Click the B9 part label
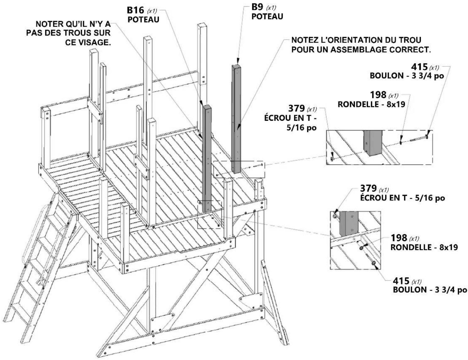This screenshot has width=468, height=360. pyautogui.click(x=257, y=7)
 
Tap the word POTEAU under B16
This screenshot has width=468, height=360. pyautogui.click(x=144, y=19)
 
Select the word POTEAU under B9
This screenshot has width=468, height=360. pyautogui.click(x=267, y=17)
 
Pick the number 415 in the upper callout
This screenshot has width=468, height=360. pyautogui.click(x=419, y=67)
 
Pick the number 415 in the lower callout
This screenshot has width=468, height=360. pyautogui.click(x=401, y=281)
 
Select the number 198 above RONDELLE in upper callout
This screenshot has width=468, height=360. pyautogui.click(x=378, y=95)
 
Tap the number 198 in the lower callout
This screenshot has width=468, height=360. pyautogui.click(x=399, y=238)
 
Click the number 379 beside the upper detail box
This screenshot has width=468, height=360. pyautogui.click(x=296, y=108)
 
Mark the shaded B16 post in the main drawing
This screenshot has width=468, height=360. pyautogui.click(x=207, y=158)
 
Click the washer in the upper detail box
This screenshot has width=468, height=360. pyautogui.click(x=401, y=142)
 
